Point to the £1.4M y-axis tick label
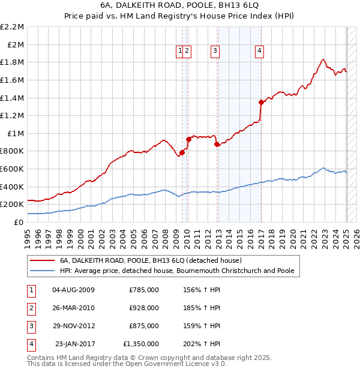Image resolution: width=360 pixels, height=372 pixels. tap(13, 98)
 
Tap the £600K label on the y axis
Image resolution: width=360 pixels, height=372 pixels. tap(13, 169)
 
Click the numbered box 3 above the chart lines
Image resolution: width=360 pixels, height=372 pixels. tap(215, 52)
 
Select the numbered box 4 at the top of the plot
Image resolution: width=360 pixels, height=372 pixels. tap(259, 52)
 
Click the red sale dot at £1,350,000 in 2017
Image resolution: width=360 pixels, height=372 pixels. tap(260, 102)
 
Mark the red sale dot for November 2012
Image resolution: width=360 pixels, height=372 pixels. tap(217, 144)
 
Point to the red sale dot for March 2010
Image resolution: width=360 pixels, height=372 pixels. tap(188, 139)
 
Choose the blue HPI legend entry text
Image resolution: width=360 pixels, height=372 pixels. tap(177, 271)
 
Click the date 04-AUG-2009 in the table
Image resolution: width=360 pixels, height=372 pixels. tap(74, 290)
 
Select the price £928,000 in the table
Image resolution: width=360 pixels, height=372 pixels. tap(144, 308)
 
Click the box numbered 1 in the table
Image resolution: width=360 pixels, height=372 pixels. tap(29, 290)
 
